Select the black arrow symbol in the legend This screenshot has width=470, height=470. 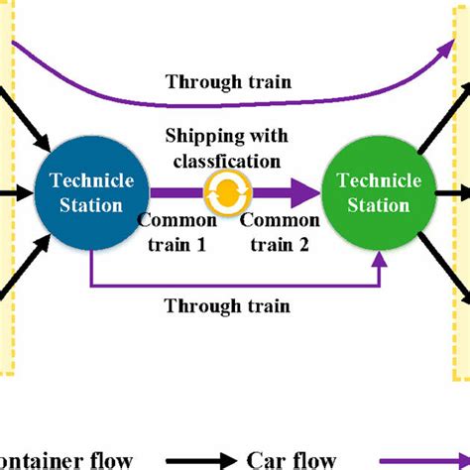(203, 458)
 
